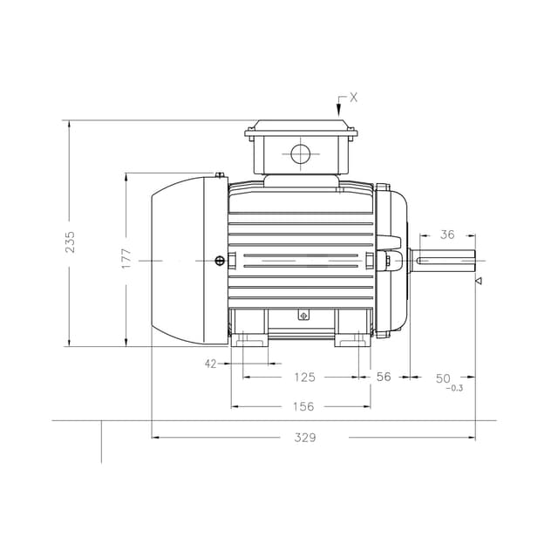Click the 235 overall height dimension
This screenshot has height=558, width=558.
tap(71, 242)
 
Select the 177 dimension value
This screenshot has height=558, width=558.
tap(126, 258)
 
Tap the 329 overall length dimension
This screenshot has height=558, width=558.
tap(303, 438)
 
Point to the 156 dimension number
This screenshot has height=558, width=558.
tap(303, 406)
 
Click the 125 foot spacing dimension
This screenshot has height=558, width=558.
tap(303, 378)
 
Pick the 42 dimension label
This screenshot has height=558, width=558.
tap(210, 364)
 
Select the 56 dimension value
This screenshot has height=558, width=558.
tap(384, 378)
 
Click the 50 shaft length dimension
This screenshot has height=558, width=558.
tap(443, 378)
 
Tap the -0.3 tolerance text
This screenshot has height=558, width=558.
tap(453, 388)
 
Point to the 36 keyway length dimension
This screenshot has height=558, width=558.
tap(447, 235)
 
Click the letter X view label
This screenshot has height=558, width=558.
tap(353, 98)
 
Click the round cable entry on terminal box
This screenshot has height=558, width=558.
tap(300, 155)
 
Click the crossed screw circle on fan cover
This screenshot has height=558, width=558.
tap(219, 261)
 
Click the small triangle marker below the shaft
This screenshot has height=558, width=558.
tap(478, 281)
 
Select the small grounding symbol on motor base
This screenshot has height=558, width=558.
tap(303, 316)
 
